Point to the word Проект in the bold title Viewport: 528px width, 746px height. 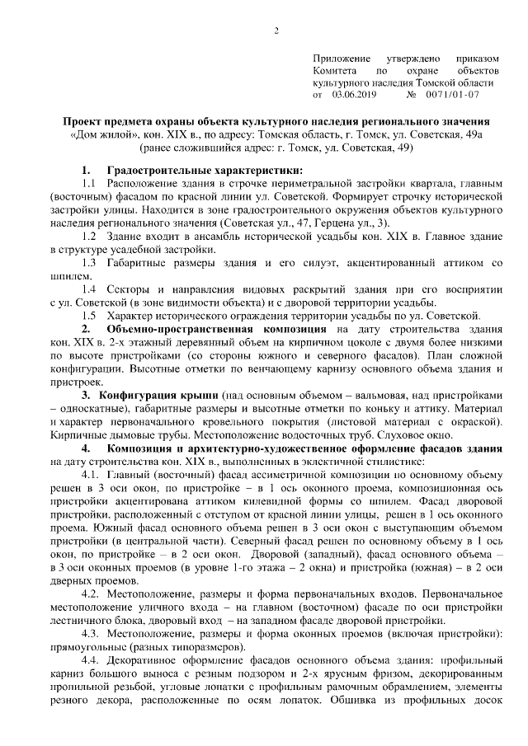coord(86,120)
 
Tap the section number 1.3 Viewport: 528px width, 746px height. coord(90,263)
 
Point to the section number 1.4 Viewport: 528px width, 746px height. coord(90,290)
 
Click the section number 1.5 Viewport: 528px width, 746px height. coord(90,317)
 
